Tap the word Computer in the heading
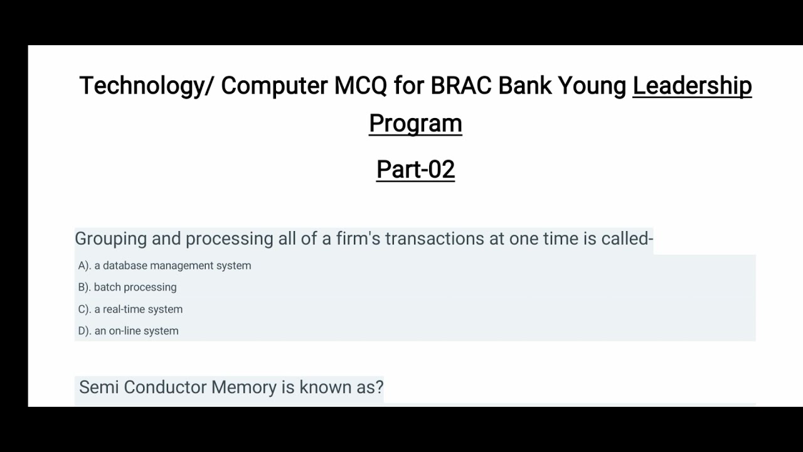[274, 85]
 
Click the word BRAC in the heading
[461, 85]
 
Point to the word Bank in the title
[524, 85]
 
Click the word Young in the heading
[592, 85]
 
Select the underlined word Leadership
[692, 85]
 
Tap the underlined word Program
[415, 123]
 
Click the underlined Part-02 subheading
[415, 169]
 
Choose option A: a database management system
[164, 266]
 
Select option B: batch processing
[127, 287]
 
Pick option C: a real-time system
[130, 309]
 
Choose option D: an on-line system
[128, 331]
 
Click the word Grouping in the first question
[110, 239]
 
